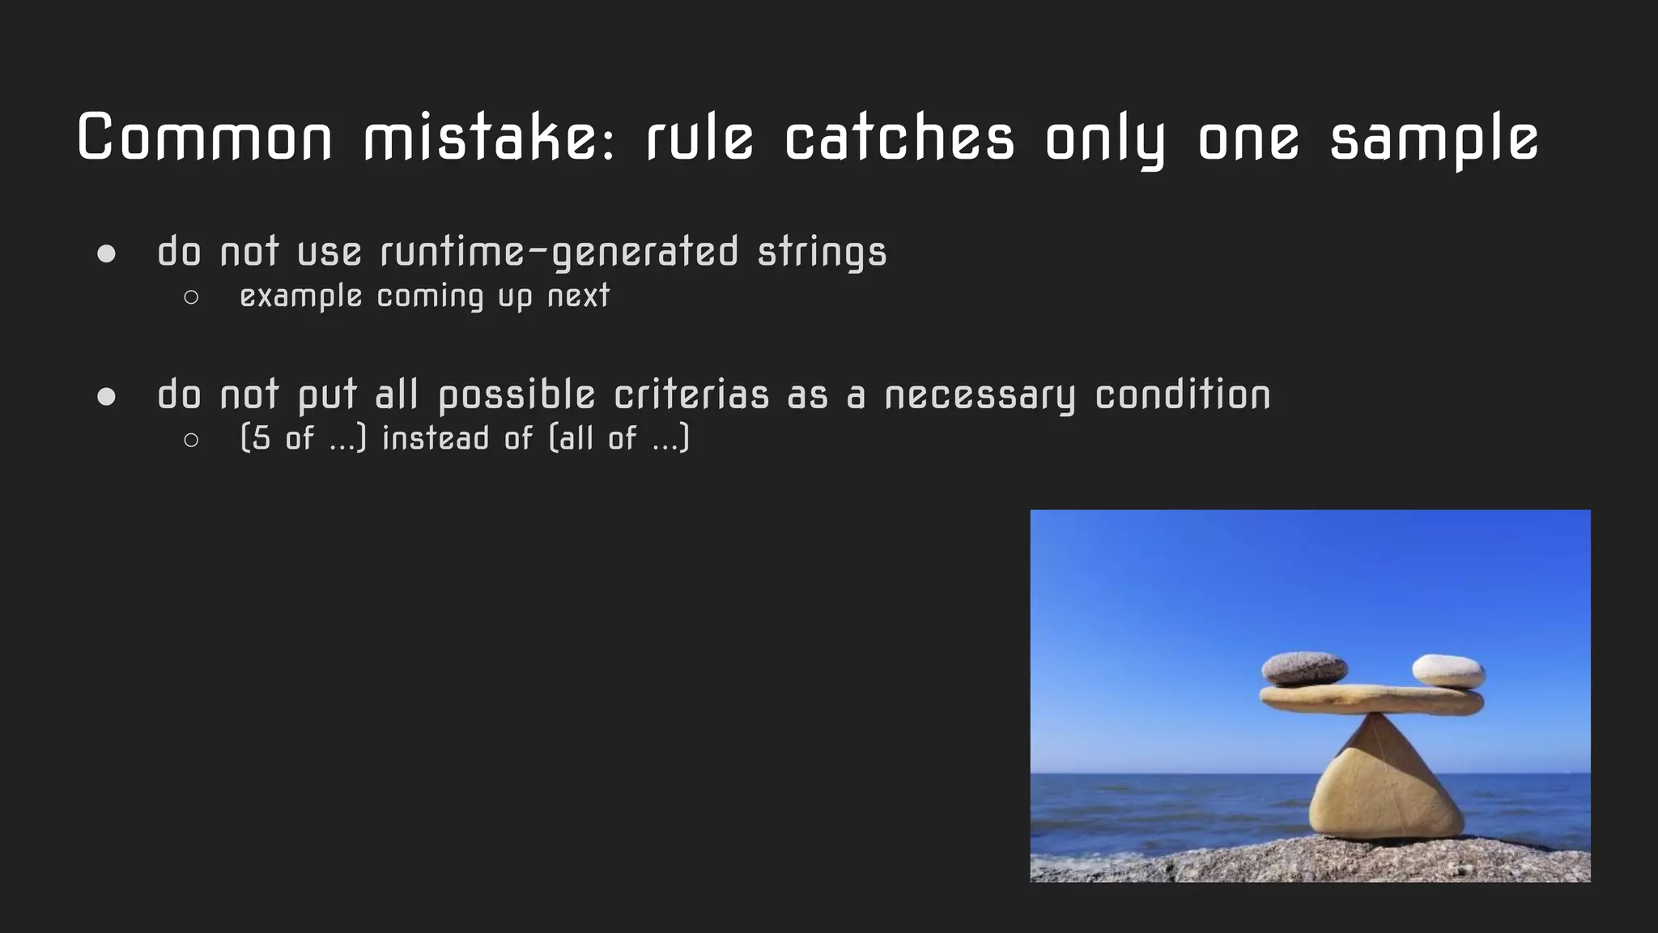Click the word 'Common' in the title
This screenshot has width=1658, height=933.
coord(205,138)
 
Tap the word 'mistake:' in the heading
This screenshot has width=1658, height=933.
coord(491,138)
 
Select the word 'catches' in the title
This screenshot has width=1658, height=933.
coord(899,138)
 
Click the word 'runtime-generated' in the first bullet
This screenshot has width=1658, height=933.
coord(559,252)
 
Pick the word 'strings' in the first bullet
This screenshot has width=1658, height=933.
coord(823,252)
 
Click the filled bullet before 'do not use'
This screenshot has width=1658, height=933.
coord(106,254)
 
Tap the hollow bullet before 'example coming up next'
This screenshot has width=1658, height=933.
coord(191,297)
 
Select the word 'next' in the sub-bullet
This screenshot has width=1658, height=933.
coord(578,296)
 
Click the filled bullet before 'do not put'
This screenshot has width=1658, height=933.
coord(106,397)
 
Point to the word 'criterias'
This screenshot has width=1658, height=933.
coord(691,395)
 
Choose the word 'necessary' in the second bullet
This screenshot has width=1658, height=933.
coord(980,395)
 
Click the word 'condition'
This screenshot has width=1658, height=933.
coord(1183,395)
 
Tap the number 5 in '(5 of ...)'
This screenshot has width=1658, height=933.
coord(261,438)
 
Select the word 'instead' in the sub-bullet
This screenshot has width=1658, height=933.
coord(436,438)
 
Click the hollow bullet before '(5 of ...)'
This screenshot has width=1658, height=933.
coord(191,440)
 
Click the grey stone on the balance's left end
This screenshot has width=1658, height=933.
coord(1304,668)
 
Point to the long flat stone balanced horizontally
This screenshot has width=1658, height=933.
coord(1371,700)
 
